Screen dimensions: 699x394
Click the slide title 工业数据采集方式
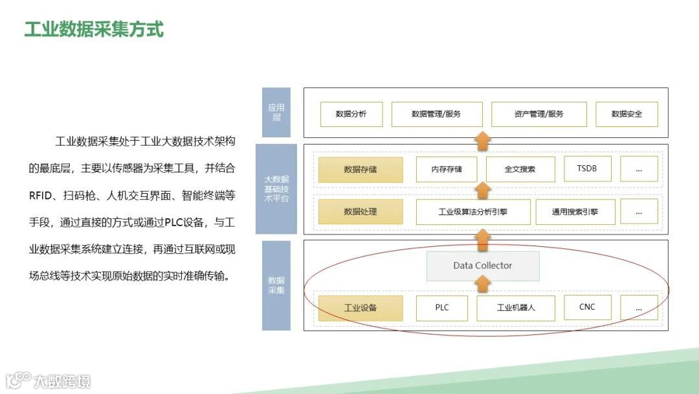coord(94,29)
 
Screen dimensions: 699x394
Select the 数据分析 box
coord(351,114)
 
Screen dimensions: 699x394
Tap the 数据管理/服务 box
coord(436,114)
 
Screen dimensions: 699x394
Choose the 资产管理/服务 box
coord(538,114)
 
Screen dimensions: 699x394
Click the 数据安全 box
coord(627,114)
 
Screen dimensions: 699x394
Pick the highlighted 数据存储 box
coord(360,170)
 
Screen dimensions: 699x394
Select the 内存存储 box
coord(447,170)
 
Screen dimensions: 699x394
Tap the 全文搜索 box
coord(520,170)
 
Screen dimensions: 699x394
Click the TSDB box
coord(587,169)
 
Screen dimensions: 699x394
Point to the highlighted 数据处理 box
coord(360,212)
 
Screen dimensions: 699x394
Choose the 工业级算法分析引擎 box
coord(473,212)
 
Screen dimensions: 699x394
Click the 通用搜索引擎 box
coord(575,212)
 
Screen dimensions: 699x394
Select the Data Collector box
coord(482,266)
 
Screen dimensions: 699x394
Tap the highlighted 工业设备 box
coord(360,308)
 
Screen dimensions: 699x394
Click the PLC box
coord(441,308)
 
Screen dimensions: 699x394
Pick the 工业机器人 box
coord(516,308)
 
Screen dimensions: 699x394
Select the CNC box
coord(587,307)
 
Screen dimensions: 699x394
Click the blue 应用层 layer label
coord(276,113)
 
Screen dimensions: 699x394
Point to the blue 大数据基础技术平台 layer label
coord(276,189)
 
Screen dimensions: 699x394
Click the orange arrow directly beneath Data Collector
coord(482,284)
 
